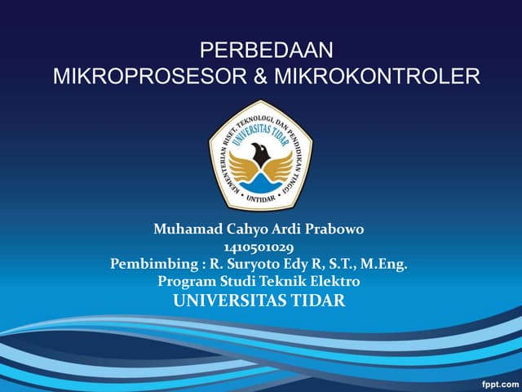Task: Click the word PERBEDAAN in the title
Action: pyautogui.click(x=266, y=51)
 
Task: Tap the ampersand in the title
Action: pyautogui.click(x=259, y=77)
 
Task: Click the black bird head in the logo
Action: pyautogui.click(x=260, y=153)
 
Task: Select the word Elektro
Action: pyautogui.click(x=334, y=281)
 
